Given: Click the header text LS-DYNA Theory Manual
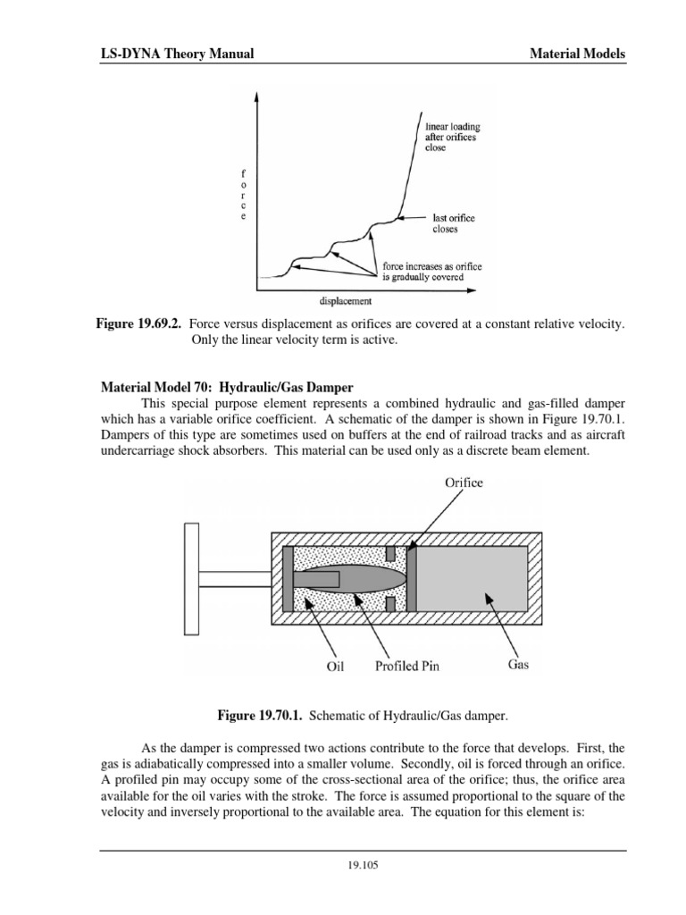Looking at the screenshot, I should point(176,54).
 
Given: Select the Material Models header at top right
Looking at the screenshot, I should point(577,54).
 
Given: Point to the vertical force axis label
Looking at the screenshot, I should point(242,194).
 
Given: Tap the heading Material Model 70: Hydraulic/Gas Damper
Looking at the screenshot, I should point(226,388).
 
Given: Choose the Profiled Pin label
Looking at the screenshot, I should point(407,665).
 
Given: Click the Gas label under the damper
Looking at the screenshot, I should point(519,665).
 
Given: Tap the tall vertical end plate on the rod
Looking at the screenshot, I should point(190,579).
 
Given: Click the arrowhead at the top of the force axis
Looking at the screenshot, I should point(257,95).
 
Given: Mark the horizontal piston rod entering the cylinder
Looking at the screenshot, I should point(233,579).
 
